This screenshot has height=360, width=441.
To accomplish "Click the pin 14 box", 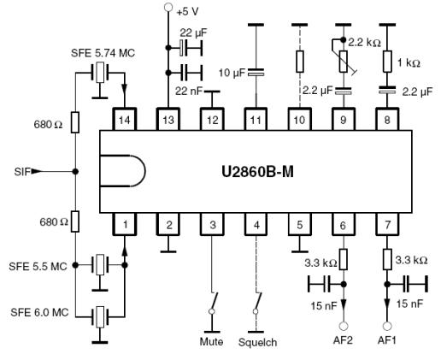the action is [x=125, y=119].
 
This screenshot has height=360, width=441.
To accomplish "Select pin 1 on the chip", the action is [x=125, y=224].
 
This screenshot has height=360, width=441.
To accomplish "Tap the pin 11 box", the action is [x=256, y=119].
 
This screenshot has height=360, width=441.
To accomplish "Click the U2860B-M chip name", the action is [x=257, y=172].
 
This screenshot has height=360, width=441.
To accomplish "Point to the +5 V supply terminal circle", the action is [x=168, y=7].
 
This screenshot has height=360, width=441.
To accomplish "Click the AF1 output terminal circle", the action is [x=387, y=326].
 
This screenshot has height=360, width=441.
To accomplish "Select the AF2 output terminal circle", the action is [x=344, y=326].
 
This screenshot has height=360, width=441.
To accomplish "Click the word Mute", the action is [x=211, y=341].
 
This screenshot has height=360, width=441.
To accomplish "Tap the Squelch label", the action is [x=257, y=342].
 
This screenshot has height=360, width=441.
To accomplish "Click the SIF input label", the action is [x=22, y=172].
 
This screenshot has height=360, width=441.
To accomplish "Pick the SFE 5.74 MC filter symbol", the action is [x=100, y=73].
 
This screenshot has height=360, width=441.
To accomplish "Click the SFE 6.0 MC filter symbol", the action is [x=100, y=317].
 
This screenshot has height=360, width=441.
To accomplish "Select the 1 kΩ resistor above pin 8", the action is [x=387, y=62].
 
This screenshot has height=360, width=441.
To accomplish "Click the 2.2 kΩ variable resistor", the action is [x=344, y=62].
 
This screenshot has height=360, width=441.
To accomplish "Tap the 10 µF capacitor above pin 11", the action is [x=256, y=73].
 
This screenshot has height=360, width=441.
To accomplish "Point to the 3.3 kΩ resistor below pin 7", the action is [x=387, y=259].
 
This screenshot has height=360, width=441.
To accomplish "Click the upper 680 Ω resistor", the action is [x=75, y=122].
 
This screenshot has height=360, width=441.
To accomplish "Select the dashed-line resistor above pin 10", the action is [x=300, y=62].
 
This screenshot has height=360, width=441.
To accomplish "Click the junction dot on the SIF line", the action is [x=75, y=172].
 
